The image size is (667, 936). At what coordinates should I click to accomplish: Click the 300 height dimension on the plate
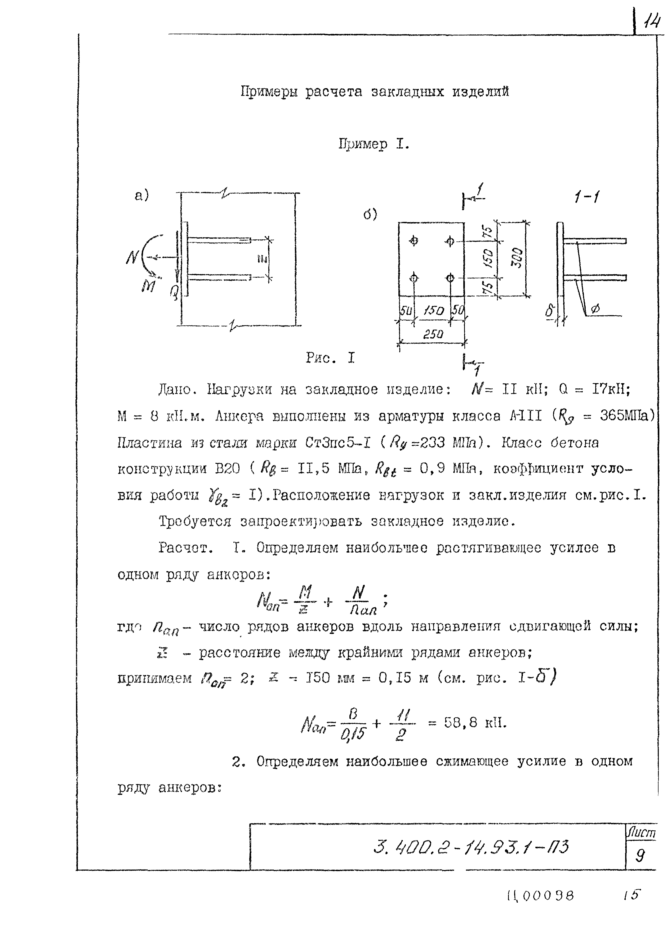518,258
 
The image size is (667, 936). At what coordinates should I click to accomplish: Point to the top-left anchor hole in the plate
414,241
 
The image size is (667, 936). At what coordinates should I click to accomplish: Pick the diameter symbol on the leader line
595,309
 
